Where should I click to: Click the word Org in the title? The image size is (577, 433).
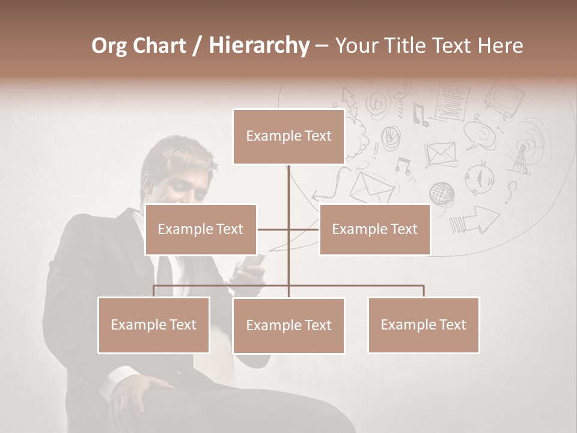(x=109, y=46)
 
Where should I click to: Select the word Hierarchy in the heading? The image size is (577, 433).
(x=258, y=46)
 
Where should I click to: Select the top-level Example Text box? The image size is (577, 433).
(x=288, y=137)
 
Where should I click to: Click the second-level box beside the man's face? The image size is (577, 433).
(x=201, y=229)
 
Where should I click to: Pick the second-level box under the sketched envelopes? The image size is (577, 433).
(x=374, y=229)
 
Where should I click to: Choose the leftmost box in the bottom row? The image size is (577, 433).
(x=154, y=325)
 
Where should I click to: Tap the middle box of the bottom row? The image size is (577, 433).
(x=288, y=325)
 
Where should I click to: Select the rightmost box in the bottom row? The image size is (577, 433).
(x=423, y=325)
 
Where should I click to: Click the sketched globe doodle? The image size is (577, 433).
(x=441, y=194)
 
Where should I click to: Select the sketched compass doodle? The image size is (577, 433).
(x=480, y=177)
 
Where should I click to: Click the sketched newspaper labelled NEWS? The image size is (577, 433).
(x=451, y=102)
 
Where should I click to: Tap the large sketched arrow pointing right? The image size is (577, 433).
(x=475, y=220)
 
